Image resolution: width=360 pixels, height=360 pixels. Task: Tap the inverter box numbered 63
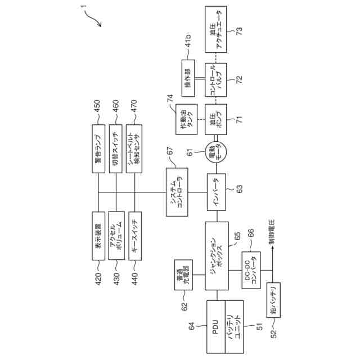216,191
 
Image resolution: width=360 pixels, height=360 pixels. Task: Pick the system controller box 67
178,192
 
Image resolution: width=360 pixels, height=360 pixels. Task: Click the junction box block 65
217,255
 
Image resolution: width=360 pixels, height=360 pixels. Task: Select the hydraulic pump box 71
217,118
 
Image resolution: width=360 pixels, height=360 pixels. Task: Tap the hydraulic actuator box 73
217,28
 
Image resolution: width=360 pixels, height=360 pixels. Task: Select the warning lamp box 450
98,150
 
